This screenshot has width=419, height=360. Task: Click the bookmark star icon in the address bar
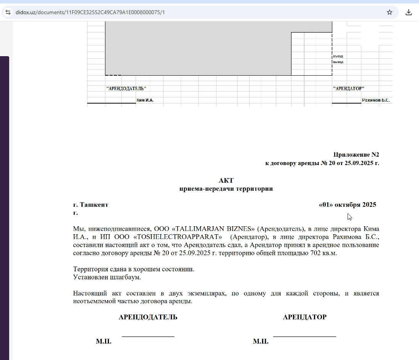[390, 12]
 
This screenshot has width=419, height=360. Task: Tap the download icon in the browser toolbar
[408, 12]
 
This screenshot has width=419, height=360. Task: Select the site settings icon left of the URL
[8, 12]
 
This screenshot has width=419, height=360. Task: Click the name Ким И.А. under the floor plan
[145, 101]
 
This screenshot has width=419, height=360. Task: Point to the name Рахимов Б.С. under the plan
[375, 101]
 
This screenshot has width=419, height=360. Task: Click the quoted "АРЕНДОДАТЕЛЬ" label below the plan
[126, 89]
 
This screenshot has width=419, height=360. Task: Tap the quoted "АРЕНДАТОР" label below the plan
[348, 89]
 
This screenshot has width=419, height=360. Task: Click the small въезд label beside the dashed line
[338, 56]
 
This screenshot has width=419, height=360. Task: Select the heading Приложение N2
[356, 155]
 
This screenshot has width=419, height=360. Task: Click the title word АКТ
[226, 180]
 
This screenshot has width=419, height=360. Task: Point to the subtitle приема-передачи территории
[226, 189]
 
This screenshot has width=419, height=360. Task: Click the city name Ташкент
[94, 205]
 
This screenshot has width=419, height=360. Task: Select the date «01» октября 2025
[347, 205]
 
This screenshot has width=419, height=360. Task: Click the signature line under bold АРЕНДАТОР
[304, 336]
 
